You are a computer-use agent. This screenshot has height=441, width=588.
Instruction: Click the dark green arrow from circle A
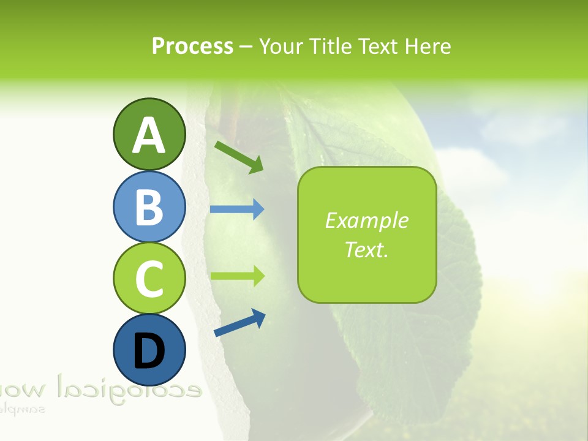(x=239, y=157)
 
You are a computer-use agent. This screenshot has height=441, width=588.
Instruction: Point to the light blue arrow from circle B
(x=237, y=209)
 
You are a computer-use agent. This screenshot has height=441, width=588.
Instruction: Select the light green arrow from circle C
(x=237, y=276)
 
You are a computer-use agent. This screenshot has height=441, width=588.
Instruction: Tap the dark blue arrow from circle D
(x=239, y=323)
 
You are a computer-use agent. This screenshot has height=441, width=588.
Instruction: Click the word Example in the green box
(x=367, y=221)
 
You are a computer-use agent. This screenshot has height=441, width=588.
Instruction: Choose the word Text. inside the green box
(x=367, y=249)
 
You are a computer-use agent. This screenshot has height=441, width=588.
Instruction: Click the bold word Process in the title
(x=192, y=46)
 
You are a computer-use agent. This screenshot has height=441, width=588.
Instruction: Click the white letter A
(x=149, y=136)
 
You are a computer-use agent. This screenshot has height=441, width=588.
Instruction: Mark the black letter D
(x=149, y=352)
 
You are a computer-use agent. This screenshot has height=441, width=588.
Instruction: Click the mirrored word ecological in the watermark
(x=129, y=387)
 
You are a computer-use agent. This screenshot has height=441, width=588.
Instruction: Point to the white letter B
(x=149, y=207)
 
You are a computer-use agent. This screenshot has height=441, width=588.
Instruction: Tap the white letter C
(x=149, y=279)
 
